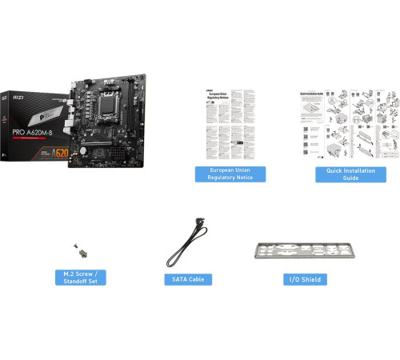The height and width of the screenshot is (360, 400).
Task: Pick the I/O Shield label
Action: (306, 279)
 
